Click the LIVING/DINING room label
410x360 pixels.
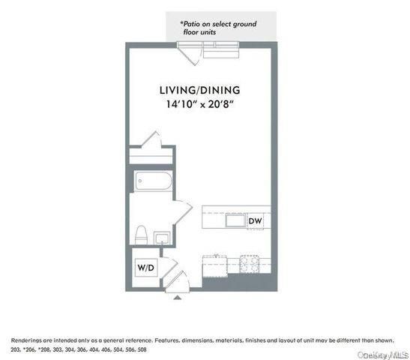(199, 90)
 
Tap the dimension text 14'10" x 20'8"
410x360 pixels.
(199, 105)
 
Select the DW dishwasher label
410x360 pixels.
(255, 220)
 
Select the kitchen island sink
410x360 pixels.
(239, 220)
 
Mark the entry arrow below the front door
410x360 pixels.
(177, 297)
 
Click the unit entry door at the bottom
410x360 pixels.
(180, 282)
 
